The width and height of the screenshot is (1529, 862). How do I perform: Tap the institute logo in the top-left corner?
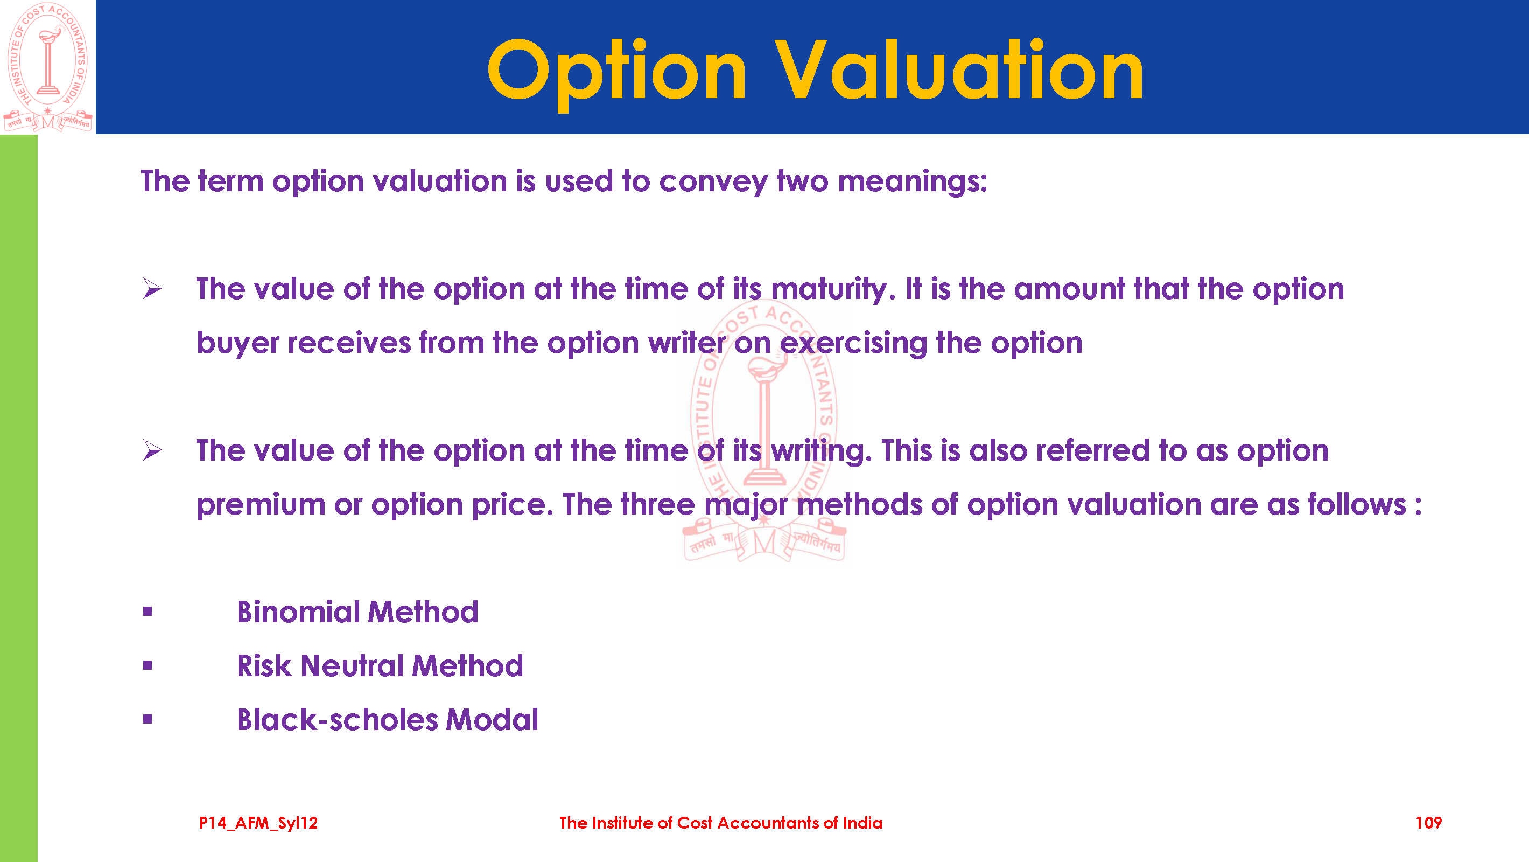48,67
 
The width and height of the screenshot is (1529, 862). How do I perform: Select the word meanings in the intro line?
913,182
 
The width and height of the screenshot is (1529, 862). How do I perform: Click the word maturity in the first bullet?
833,290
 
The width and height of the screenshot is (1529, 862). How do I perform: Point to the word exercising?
853,343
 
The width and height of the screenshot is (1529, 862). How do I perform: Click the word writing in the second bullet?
822,451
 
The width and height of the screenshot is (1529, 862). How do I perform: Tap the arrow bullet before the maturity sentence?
152,289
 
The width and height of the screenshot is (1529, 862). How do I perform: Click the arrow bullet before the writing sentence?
152,450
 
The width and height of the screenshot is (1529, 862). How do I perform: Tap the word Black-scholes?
337,720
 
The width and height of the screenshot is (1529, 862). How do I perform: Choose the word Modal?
492,720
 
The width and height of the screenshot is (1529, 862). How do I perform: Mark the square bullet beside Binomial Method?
148,611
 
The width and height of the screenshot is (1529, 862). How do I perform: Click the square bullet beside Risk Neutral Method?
148,665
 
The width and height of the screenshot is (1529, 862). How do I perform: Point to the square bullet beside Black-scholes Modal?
148,719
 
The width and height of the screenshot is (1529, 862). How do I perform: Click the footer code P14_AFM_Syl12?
258,823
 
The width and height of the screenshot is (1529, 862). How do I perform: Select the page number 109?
1428,823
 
